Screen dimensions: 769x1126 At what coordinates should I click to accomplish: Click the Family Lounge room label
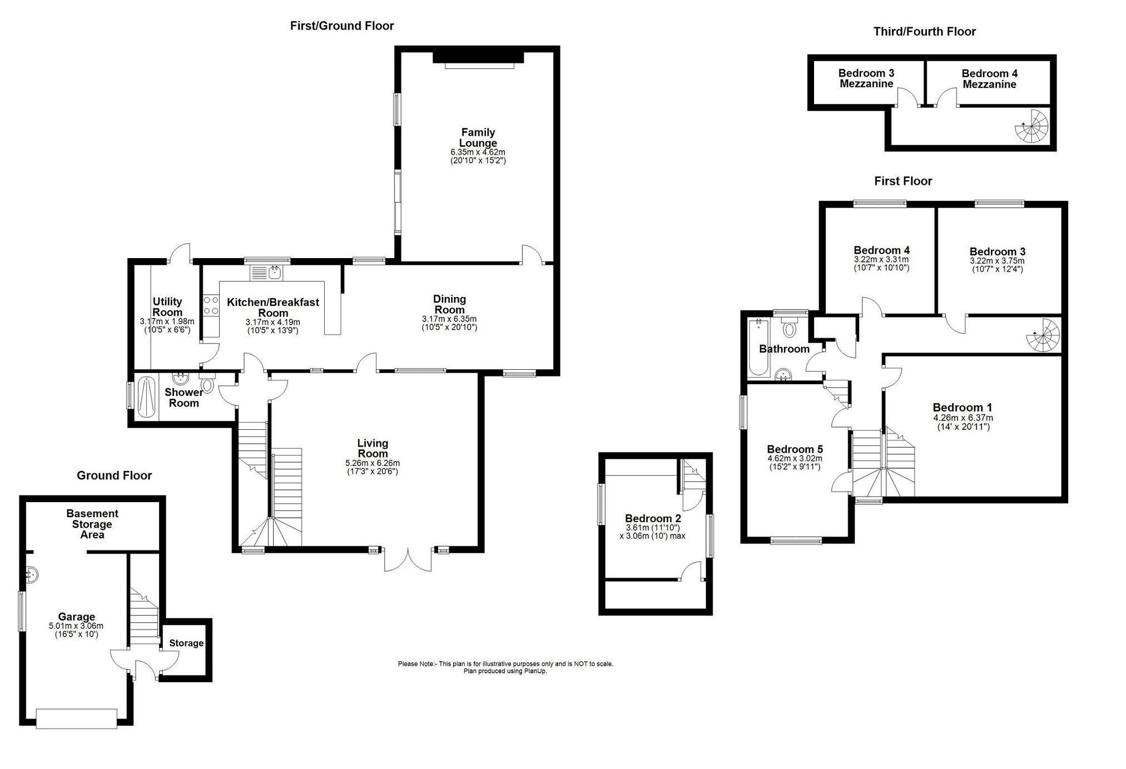coord(478,137)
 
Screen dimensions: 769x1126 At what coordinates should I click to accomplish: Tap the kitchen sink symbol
coord(267,272)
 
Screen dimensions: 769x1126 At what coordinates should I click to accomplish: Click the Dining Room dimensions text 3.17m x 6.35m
coord(449,319)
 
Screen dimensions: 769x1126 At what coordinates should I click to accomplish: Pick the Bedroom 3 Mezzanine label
coord(866,78)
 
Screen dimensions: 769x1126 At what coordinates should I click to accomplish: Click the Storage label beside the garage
coord(186,643)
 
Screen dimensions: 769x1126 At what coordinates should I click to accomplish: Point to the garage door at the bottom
coord(76,718)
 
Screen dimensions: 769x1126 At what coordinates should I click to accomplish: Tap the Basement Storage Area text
coord(92,524)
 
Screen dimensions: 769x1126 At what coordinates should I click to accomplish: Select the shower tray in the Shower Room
coord(146,396)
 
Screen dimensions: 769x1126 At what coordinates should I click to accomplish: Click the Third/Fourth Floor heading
coord(924,32)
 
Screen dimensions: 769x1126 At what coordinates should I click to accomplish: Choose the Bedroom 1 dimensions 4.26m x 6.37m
coord(963,418)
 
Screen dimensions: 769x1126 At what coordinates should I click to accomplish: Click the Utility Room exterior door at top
coord(180,254)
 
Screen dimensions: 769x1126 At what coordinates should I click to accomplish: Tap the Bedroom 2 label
coord(652,518)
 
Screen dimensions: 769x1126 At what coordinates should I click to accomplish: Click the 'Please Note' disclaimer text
coord(505,664)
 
